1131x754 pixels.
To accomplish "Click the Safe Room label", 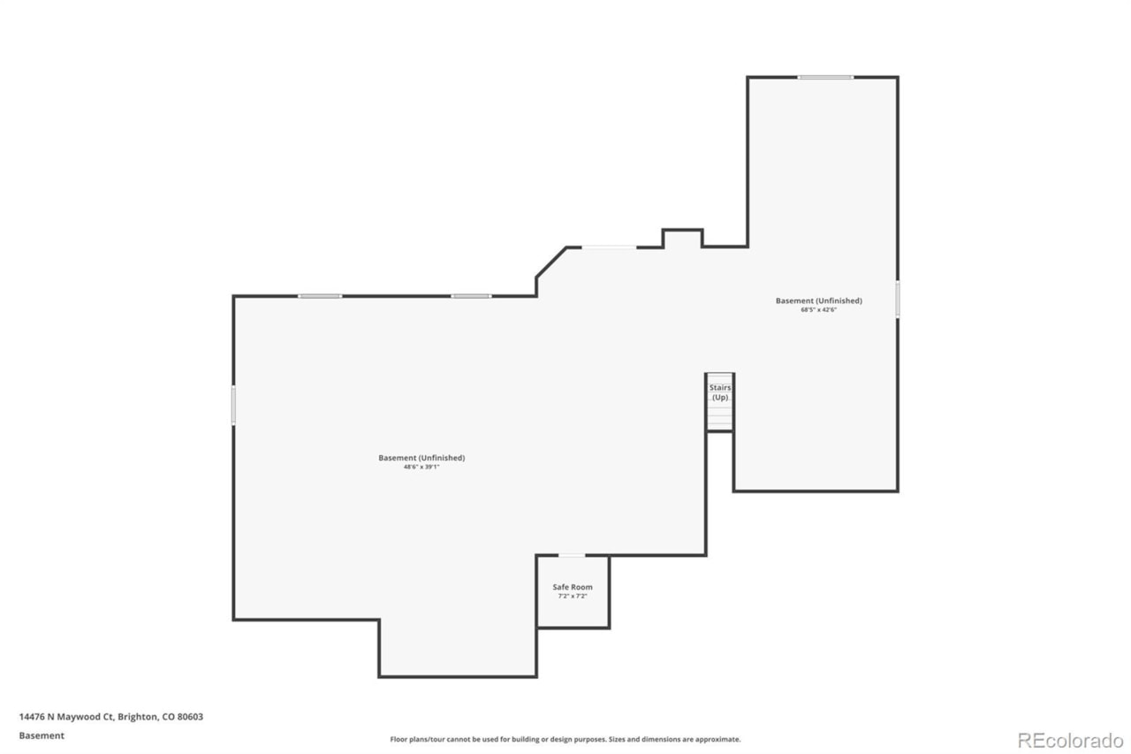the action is [572, 587].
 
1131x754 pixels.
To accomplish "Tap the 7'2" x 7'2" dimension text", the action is [572, 596].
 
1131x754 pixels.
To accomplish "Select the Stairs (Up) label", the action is [720, 392].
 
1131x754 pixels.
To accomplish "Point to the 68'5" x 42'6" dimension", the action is [818, 309].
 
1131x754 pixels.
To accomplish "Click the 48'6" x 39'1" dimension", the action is [421, 467].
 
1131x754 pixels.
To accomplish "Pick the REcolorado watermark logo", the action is [1070, 741].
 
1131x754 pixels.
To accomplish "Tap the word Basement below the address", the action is [42, 735].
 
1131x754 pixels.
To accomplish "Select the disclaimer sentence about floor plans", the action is [565, 739].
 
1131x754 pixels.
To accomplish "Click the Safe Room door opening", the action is [572, 555].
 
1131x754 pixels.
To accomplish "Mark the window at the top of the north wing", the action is [825, 77].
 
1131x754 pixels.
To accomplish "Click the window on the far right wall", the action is [897, 300].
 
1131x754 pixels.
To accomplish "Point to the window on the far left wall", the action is [233, 405].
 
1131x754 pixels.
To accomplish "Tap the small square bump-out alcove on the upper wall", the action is [682, 238].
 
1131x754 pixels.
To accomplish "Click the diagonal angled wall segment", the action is [550, 263].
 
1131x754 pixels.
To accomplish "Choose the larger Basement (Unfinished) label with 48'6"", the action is [421, 458].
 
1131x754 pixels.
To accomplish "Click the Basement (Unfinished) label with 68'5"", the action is [818, 301].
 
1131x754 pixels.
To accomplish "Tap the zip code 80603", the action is [190, 717].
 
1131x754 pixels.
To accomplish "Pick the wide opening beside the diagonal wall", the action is [609, 247].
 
